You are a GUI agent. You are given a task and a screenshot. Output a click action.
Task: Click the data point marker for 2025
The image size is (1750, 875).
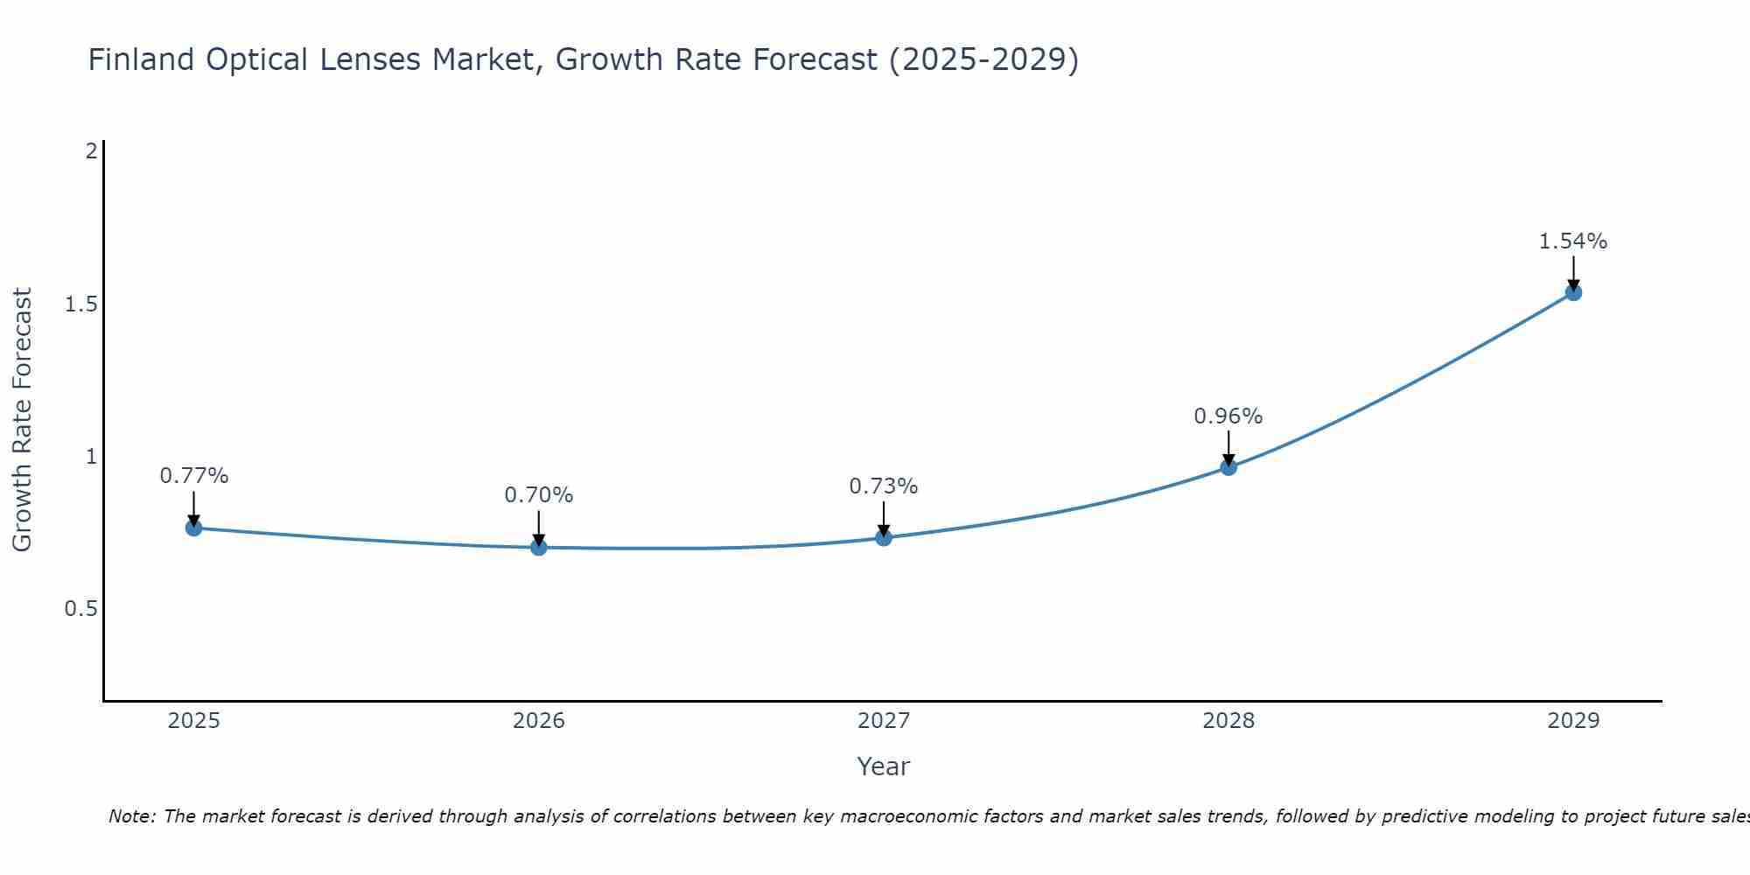click(x=194, y=528)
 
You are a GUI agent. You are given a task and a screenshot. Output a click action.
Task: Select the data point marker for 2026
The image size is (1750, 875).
click(x=539, y=548)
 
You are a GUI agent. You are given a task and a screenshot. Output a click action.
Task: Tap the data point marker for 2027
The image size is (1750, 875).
click(x=884, y=538)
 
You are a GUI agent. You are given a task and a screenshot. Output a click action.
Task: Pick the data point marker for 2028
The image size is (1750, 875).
click(x=1228, y=467)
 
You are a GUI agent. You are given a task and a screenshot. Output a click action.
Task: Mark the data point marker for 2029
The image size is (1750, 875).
click(x=1573, y=293)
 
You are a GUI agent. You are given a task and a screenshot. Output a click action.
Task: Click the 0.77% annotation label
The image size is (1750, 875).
click(x=194, y=476)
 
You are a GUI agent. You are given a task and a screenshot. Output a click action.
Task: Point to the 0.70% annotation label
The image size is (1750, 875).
click(x=539, y=495)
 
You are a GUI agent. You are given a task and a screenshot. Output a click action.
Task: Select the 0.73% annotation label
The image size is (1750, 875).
click(x=884, y=486)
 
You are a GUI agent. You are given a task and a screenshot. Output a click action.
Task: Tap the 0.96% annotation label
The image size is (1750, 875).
click(x=1228, y=416)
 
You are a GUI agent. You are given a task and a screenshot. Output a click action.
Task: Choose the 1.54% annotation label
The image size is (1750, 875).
click(x=1573, y=241)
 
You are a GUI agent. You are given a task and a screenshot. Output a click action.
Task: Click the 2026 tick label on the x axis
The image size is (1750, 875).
click(x=539, y=721)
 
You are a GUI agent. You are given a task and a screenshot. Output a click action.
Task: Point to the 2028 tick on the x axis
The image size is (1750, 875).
click(x=1228, y=721)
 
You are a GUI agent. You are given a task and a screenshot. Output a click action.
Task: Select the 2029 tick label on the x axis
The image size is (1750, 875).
click(x=1573, y=721)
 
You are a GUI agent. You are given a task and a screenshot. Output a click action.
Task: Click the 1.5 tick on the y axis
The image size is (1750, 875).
click(x=80, y=304)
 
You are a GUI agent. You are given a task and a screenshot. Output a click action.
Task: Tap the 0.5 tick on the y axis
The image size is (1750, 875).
click(x=80, y=609)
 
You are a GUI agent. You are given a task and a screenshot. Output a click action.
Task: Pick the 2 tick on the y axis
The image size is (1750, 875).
click(x=91, y=151)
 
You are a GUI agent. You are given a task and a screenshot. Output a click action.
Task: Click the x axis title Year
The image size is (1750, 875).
click(x=884, y=766)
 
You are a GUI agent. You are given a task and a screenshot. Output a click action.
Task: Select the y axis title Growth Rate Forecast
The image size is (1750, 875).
click(x=22, y=420)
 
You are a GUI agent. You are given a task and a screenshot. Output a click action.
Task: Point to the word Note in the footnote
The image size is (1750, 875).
click(x=131, y=816)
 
